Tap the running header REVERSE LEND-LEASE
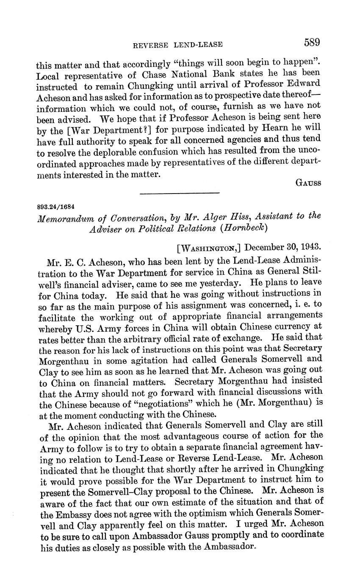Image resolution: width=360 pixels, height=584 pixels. [x=178, y=44]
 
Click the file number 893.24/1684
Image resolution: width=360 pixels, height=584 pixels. [x=56, y=207]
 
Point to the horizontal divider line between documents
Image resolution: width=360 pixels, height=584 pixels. [x=180, y=194]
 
